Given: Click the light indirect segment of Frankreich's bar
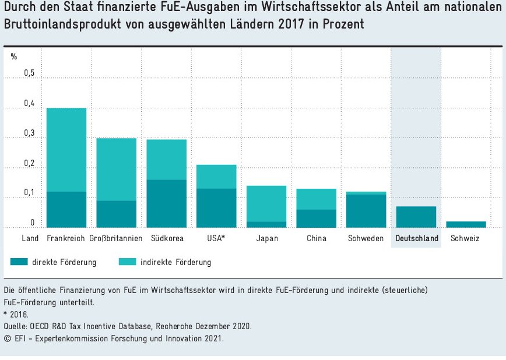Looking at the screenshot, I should click(x=66, y=150).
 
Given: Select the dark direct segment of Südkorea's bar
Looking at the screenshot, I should click(x=167, y=203).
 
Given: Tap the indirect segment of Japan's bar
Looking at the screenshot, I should click(x=267, y=203).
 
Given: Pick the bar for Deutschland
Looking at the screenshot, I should click(x=416, y=217).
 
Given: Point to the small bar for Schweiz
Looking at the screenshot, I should click(x=466, y=224).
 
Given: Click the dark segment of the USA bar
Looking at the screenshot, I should click(x=216, y=208).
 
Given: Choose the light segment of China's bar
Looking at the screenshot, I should click(x=317, y=199).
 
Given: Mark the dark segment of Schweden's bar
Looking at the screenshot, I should click(x=366, y=211).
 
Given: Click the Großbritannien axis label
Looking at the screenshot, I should click(x=116, y=239).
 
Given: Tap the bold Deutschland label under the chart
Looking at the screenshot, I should click(x=416, y=239).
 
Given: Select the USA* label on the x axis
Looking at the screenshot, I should click(x=216, y=239).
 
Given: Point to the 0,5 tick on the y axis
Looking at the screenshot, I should click(x=29, y=73).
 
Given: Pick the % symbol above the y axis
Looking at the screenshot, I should click(x=14, y=57).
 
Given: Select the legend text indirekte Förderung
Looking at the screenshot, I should click(x=175, y=263).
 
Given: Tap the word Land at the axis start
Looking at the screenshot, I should click(x=30, y=239).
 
